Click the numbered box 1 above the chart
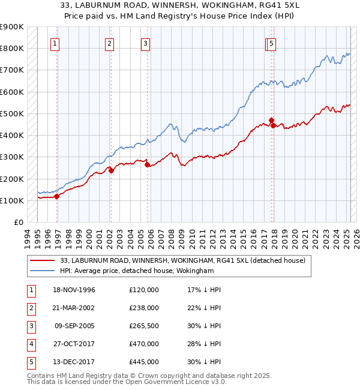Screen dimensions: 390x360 click(55, 43)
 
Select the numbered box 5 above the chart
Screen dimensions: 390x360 click(272, 43)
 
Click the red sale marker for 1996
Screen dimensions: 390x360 click(57, 196)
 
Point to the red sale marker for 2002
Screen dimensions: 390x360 click(111, 170)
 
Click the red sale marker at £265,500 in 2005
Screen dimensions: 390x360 click(147, 164)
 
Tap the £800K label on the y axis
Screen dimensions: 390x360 click(12, 49)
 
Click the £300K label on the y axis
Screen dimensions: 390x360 click(12, 157)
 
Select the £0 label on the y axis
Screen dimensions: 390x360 click(19, 223)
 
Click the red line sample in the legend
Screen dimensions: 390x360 click(43, 260)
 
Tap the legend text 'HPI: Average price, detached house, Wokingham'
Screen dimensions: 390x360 click(137, 271)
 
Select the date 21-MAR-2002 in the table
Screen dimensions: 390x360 click(74, 308)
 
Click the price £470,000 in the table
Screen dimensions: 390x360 click(144, 344)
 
